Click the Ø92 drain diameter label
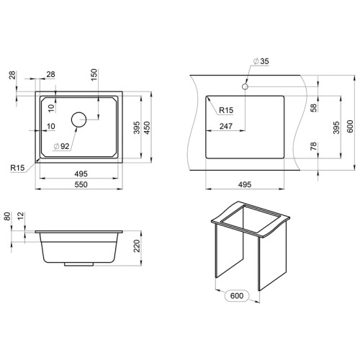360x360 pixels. pyautogui.click(x=62, y=146)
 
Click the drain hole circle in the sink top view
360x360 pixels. pyautogui.click(x=78, y=112)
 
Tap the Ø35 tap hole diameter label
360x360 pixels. pyautogui.click(x=261, y=61)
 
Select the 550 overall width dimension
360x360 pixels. pyautogui.click(x=81, y=184)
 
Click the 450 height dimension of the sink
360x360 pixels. pyautogui.click(x=147, y=127)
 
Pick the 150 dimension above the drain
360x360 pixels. pyautogui.click(x=94, y=75)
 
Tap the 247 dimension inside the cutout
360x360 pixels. pyautogui.click(x=226, y=126)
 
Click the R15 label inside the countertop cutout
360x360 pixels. pyautogui.click(x=226, y=110)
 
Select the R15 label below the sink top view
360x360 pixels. pyautogui.click(x=17, y=168)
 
